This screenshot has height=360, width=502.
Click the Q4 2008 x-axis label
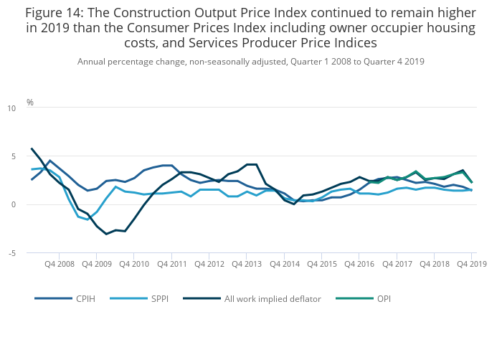tap(59, 264)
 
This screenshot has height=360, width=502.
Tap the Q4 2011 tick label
tap(171, 264)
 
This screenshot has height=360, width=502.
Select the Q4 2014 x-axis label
tap(284, 264)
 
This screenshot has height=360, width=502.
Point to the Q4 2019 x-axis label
tap(471, 264)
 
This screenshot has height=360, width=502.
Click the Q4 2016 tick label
tap(359, 264)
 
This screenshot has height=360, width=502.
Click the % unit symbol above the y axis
tap(30, 103)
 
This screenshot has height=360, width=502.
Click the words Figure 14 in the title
tap(55, 13)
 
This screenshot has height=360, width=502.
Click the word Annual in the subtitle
tap(93, 62)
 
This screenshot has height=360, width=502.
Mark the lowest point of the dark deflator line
tap(106, 234)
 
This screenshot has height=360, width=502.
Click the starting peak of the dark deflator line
tap(32, 148)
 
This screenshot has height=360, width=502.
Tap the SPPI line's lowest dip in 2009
tap(87, 219)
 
